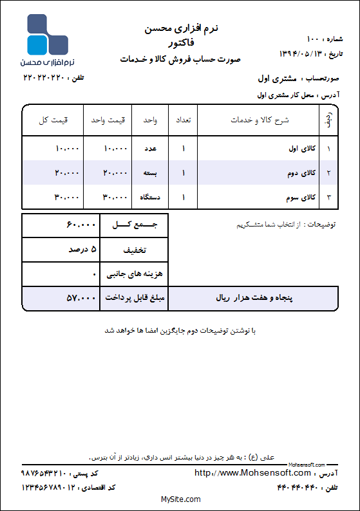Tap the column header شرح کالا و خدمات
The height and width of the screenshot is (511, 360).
click(260, 120)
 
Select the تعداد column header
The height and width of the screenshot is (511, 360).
click(183, 120)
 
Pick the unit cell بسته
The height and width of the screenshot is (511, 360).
click(153, 172)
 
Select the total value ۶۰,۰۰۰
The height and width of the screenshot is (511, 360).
click(81, 225)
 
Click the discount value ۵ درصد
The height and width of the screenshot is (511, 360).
click(82, 249)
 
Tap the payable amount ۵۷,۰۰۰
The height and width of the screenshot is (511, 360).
click(81, 298)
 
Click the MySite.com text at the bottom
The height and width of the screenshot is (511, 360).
click(180, 499)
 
